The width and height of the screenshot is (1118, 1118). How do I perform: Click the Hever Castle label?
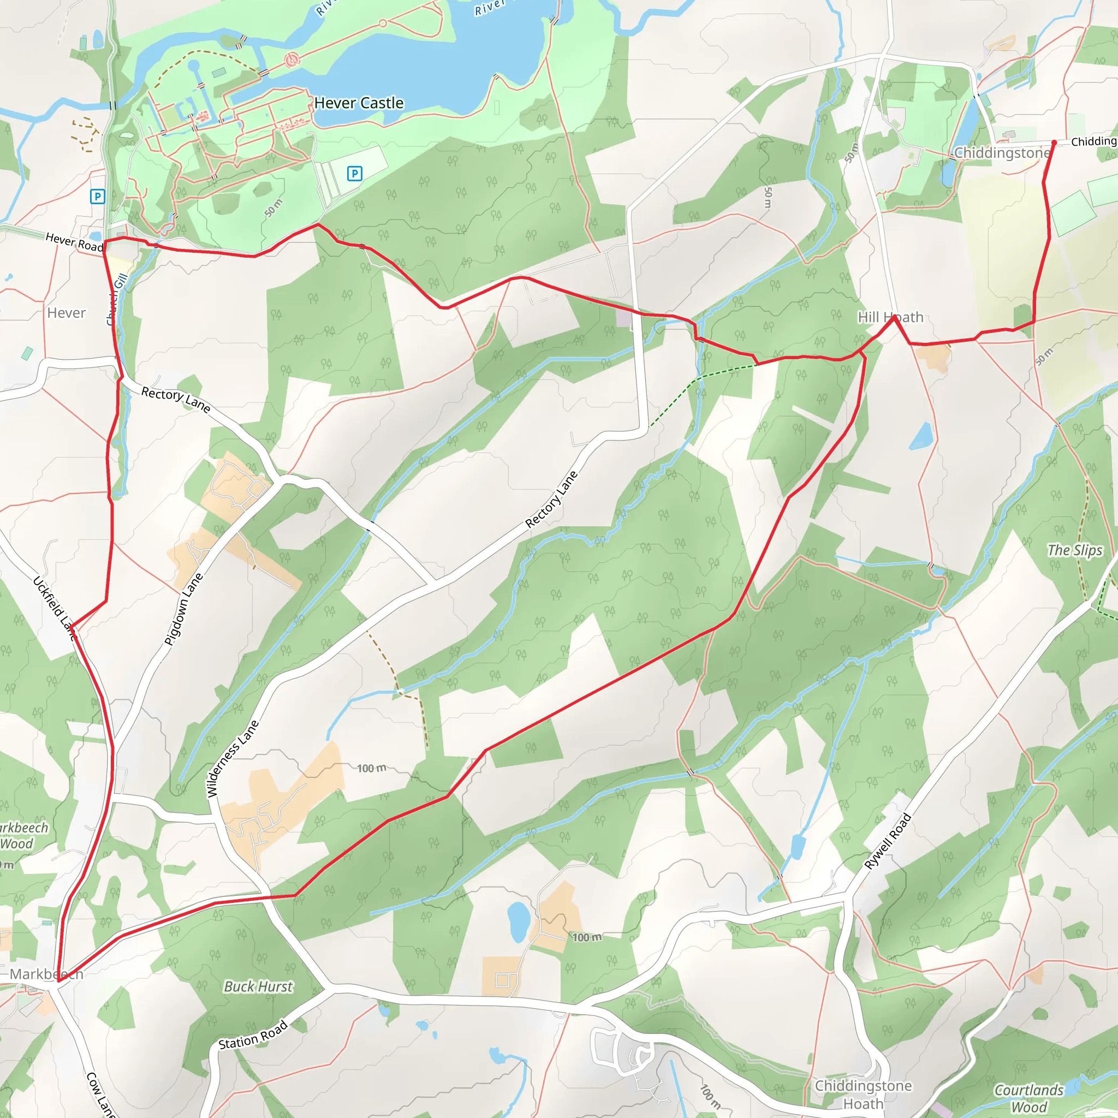[x=359, y=103]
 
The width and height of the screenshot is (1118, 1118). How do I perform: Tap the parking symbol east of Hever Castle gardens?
[x=355, y=173]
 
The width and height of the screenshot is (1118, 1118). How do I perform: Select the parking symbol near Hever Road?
[x=98, y=197]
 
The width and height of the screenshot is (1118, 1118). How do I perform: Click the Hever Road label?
[x=74, y=241]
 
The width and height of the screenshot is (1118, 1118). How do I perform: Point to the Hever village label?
[x=67, y=313]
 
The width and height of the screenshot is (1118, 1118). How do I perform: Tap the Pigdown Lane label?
[x=183, y=609]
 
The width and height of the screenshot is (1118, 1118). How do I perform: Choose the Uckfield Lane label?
[x=55, y=608]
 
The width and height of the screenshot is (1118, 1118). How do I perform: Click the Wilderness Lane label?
[x=232, y=759]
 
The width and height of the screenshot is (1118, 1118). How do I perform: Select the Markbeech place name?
[x=46, y=974]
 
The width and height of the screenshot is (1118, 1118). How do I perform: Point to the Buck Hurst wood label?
[x=258, y=986]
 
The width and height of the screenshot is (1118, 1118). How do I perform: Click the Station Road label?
[x=253, y=1034]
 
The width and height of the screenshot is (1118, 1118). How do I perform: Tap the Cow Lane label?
[x=99, y=1093]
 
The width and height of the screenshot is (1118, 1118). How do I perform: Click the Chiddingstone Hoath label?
[x=863, y=1095]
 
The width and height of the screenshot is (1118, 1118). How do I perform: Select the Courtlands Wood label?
[x=1029, y=1098]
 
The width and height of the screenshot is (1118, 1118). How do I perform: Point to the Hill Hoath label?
[x=890, y=317]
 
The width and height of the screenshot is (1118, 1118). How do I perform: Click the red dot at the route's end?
[x=1054, y=142]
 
